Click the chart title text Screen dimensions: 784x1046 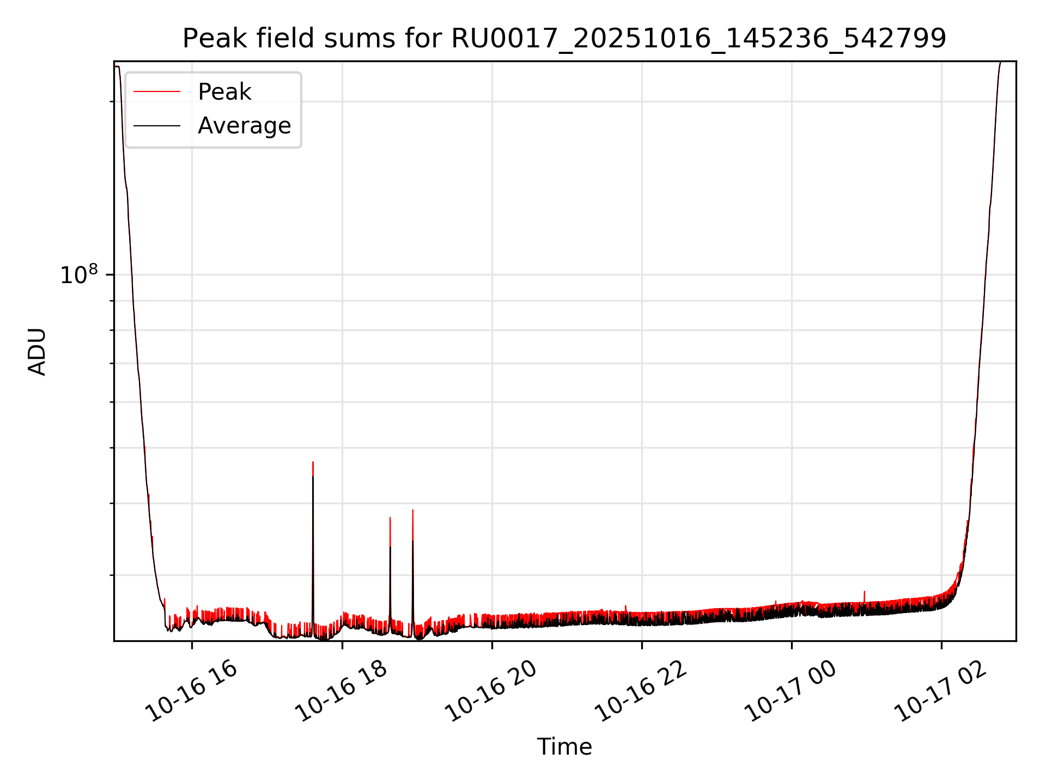click(564, 39)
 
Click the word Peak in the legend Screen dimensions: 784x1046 click(224, 92)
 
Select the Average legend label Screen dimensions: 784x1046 click(244, 126)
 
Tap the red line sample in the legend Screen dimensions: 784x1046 click(157, 92)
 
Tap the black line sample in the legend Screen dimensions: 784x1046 click(157, 126)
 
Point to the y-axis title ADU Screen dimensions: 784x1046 click(37, 351)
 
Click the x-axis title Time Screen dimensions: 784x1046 click(564, 746)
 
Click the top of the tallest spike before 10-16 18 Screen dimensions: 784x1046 click(313, 462)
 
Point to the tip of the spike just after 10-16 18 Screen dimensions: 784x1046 click(390, 518)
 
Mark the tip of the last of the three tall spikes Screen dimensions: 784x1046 click(413, 510)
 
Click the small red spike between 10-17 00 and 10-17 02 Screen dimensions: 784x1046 click(864, 592)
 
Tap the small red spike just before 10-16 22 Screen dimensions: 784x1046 click(625, 606)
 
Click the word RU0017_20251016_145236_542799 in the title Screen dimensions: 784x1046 click(699, 39)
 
